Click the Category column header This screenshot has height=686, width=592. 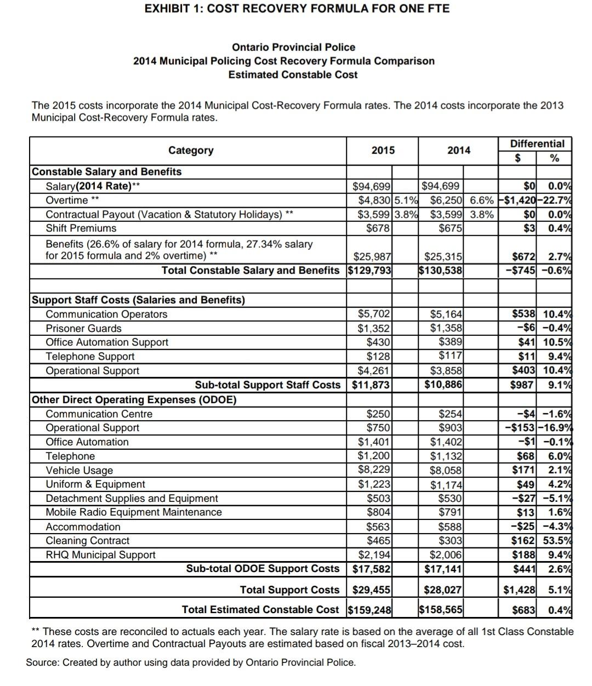(191, 150)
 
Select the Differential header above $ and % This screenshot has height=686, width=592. (537, 144)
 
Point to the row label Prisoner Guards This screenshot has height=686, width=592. (83, 328)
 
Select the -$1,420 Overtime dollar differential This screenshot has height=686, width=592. (519, 200)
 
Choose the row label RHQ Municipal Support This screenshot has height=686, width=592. (100, 554)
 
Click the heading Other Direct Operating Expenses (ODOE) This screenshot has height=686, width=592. (134, 399)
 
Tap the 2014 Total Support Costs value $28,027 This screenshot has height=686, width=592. (443, 590)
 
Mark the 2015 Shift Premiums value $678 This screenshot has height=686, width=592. (378, 228)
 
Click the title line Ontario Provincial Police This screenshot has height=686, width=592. (293, 47)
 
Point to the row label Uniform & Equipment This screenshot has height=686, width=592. (95, 484)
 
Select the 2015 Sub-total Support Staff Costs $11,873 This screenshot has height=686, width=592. (371, 385)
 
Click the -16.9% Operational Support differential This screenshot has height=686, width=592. (556, 427)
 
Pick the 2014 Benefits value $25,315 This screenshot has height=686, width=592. (443, 256)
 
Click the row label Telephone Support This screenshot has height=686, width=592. (90, 356)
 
